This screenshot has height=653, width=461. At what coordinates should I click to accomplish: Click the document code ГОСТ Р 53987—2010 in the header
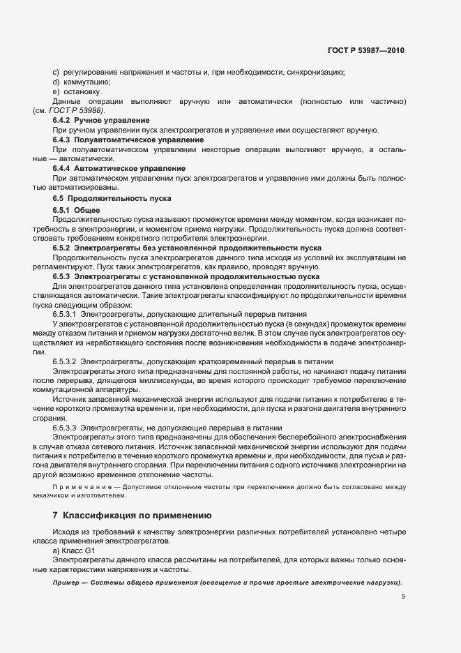pyautogui.click(x=366, y=50)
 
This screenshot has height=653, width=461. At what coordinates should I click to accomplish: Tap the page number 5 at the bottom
pyautogui.click(x=403, y=596)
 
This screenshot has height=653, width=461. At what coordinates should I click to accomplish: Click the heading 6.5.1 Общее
pyautogui.click(x=77, y=210)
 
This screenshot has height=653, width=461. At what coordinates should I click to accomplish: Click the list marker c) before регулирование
pyautogui.click(x=56, y=72)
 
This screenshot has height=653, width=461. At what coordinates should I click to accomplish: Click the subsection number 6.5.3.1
pyautogui.click(x=64, y=315)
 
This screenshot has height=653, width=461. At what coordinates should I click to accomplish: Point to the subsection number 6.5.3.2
pyautogui.click(x=64, y=362)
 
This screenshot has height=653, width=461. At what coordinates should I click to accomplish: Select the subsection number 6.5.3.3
pyautogui.click(x=64, y=428)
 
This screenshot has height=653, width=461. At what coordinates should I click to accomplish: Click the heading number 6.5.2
pyautogui.click(x=61, y=248)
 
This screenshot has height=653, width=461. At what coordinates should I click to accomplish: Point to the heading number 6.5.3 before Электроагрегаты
pyautogui.click(x=61, y=276)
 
